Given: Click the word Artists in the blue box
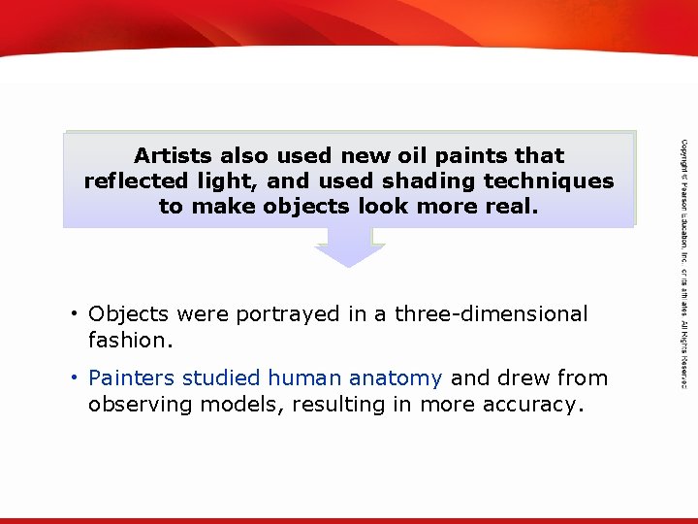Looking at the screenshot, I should coord(174,155).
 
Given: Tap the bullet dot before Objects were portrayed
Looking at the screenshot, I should coord(74,314).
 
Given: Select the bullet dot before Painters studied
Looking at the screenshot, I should coord(74,378).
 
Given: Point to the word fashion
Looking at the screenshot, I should coord(128,341).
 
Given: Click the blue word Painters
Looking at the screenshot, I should coord(131,378).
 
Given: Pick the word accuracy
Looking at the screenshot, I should coord(537,404).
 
